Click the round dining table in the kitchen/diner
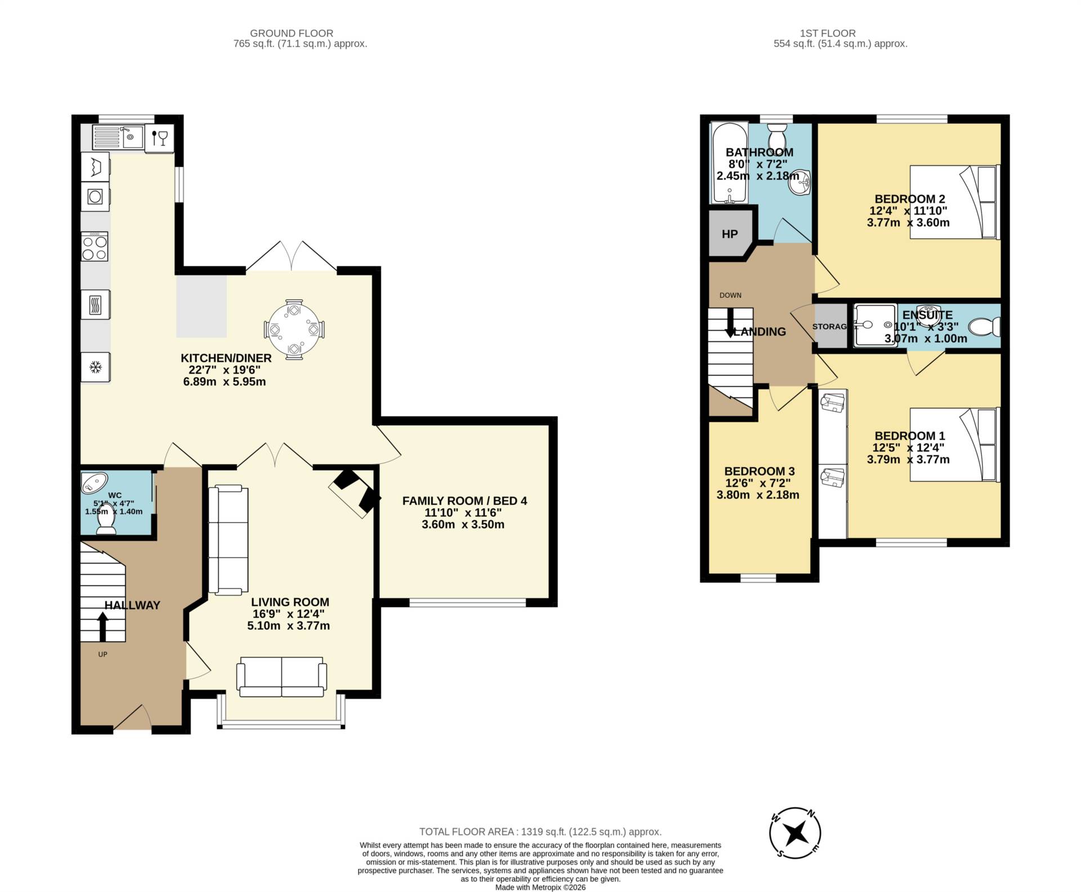293,329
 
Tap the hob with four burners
95,247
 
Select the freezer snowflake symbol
95,367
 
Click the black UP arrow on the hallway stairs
102,626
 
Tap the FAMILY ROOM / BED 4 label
464,500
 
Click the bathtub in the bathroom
729,163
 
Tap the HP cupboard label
729,234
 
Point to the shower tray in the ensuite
874,325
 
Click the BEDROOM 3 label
759,471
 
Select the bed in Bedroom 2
954,201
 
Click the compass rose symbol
795,833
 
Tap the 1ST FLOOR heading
827,33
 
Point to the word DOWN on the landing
730,295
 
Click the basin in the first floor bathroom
799,182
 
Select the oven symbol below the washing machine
95,196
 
